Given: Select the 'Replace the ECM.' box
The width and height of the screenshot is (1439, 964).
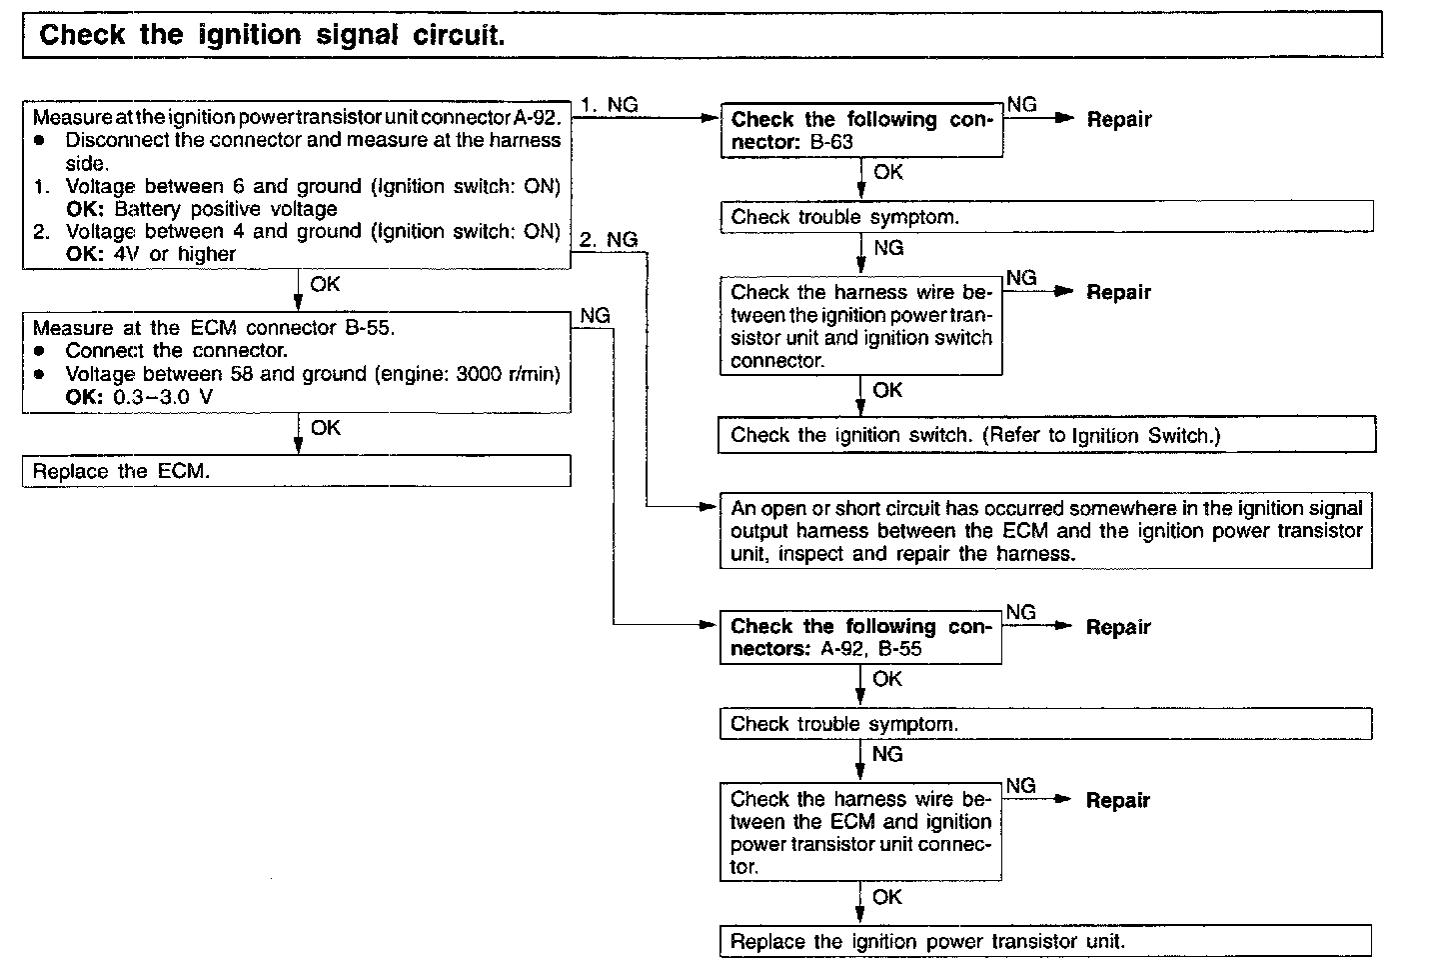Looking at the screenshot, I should point(296,471).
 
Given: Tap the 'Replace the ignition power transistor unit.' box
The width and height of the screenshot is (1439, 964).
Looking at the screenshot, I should point(1045,941).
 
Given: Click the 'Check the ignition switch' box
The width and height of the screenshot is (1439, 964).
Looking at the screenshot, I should point(1046,435).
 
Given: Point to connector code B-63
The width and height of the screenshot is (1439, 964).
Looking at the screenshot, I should point(831,142).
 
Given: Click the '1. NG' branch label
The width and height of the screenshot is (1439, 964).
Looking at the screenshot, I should point(609,104).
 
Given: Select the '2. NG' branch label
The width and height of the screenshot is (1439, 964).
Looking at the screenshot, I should point(609,239).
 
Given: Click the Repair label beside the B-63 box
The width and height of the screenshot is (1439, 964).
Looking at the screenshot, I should point(1119,119).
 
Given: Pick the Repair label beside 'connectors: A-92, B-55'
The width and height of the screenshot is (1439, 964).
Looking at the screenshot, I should point(1118,627).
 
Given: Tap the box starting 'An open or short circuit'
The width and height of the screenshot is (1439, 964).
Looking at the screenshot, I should point(1045,531).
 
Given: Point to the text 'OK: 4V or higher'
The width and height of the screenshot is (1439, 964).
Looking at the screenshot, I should point(150,254).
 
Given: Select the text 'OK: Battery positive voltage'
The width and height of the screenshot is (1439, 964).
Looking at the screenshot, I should point(201,209).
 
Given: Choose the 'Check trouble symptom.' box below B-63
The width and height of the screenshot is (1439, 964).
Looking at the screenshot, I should point(1046,217).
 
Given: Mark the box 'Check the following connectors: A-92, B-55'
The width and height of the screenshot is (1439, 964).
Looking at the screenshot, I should point(860,637).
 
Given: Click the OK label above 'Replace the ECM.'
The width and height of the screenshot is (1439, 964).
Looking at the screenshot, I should point(325,428).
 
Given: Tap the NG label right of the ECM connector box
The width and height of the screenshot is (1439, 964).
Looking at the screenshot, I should point(595,315).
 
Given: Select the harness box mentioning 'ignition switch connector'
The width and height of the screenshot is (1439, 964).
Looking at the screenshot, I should point(860,326).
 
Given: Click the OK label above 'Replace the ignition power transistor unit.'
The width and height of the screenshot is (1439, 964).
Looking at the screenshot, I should point(886,897).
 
